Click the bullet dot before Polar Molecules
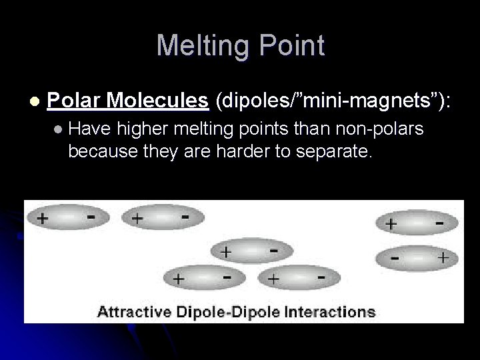(x=35, y=101)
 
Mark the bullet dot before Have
(x=60, y=129)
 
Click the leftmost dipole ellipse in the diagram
(x=67, y=218)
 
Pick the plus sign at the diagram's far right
(x=441, y=257)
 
